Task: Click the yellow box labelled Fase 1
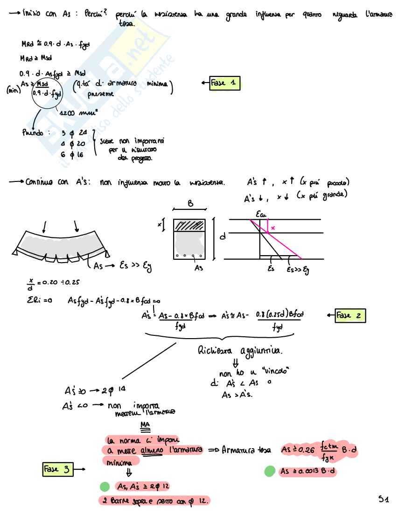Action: tap(225, 83)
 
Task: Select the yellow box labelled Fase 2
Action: tap(349, 316)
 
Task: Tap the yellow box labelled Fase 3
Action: tap(59, 469)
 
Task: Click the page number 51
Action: tap(384, 499)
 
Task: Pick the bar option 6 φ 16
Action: tap(72, 154)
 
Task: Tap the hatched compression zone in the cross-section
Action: tap(189, 225)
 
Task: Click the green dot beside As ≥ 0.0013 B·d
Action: tap(270, 472)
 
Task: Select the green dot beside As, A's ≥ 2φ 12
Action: tap(105, 486)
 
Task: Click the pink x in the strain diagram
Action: tap(272, 228)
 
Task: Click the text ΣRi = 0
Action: tap(36, 301)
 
